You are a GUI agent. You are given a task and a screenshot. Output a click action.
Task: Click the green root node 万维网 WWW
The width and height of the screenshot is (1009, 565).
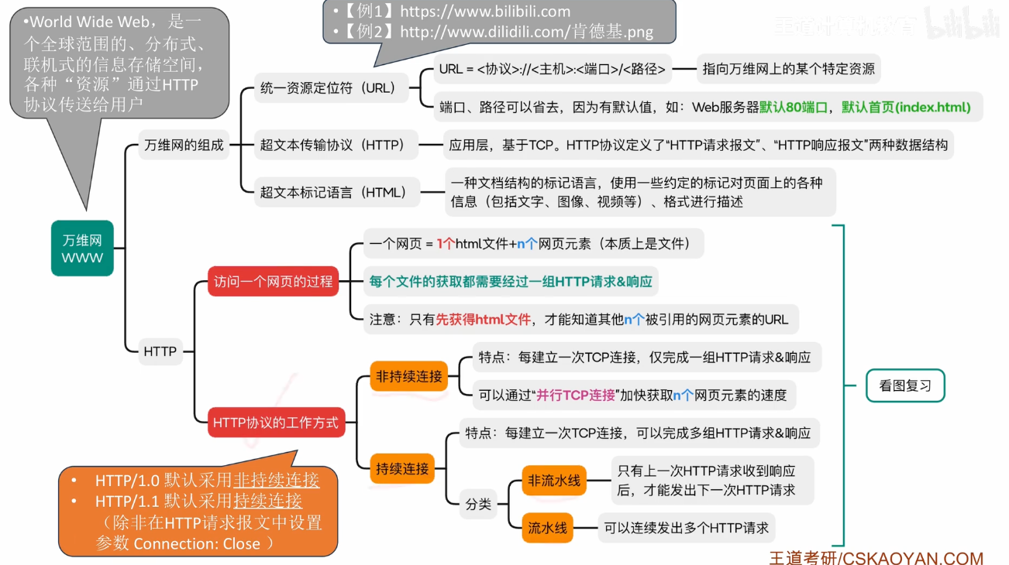(x=82, y=248)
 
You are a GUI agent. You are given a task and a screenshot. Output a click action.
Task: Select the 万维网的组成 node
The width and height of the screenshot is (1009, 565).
(x=184, y=145)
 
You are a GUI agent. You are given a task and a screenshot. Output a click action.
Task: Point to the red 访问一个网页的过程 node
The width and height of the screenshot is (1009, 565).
(x=274, y=282)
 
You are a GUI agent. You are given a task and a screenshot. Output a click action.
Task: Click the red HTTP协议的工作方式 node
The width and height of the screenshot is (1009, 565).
(x=276, y=423)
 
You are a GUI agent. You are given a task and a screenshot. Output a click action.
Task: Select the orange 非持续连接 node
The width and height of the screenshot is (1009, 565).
(x=408, y=377)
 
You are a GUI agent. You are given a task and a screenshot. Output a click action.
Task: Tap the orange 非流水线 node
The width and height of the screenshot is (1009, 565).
(x=554, y=481)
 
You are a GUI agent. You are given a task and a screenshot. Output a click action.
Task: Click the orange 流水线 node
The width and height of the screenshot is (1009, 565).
(x=547, y=529)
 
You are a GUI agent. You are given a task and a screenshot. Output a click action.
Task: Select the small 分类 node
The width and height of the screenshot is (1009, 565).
(x=478, y=504)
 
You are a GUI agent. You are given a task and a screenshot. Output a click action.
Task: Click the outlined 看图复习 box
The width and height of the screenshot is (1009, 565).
(x=904, y=385)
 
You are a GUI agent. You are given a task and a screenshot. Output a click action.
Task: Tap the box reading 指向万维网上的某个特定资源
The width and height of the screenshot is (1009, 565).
(x=788, y=69)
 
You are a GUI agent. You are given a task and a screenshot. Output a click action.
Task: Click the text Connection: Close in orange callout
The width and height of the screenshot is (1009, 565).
(x=197, y=543)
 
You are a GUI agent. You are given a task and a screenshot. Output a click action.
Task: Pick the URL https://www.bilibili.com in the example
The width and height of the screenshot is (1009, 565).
(x=485, y=12)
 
